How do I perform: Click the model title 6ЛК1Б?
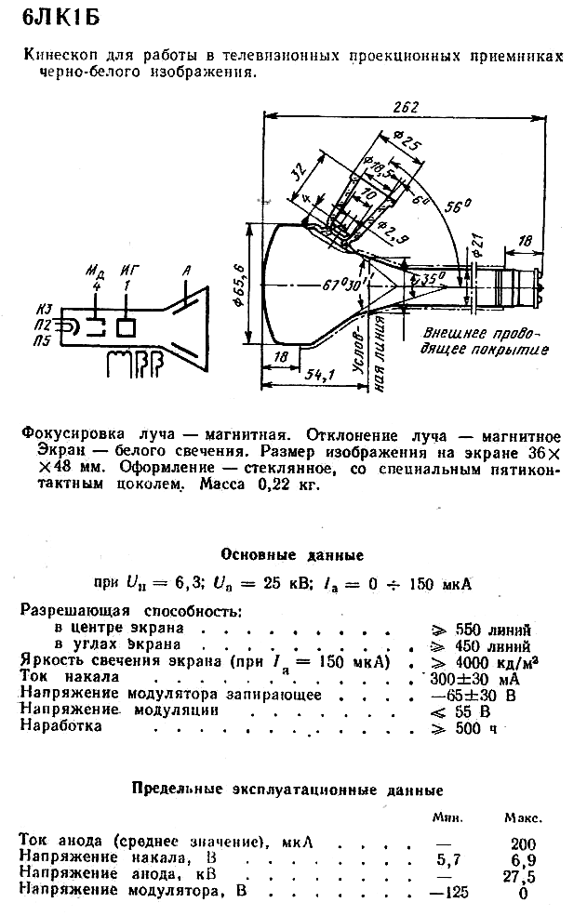(60, 18)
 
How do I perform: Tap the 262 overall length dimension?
(406, 107)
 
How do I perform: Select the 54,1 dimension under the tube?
(319, 375)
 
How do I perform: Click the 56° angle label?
(459, 206)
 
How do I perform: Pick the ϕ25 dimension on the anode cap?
(407, 140)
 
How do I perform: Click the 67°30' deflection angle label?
(347, 286)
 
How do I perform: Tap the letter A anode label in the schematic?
(186, 271)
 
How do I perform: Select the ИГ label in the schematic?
(130, 271)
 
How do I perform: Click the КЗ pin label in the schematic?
(44, 309)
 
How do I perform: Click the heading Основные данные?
(292, 555)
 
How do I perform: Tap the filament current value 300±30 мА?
(474, 679)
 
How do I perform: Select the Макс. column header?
(523, 818)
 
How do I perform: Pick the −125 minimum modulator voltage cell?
(449, 892)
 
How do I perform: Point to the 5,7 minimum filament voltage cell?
(448, 860)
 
